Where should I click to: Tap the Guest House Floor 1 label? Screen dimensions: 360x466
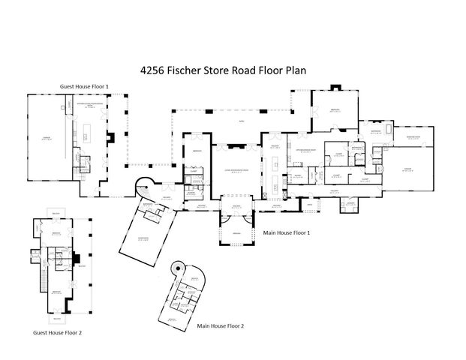point(84,87)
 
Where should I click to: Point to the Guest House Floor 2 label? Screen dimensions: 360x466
point(62,331)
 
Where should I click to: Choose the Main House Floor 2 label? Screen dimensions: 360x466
point(221,326)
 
